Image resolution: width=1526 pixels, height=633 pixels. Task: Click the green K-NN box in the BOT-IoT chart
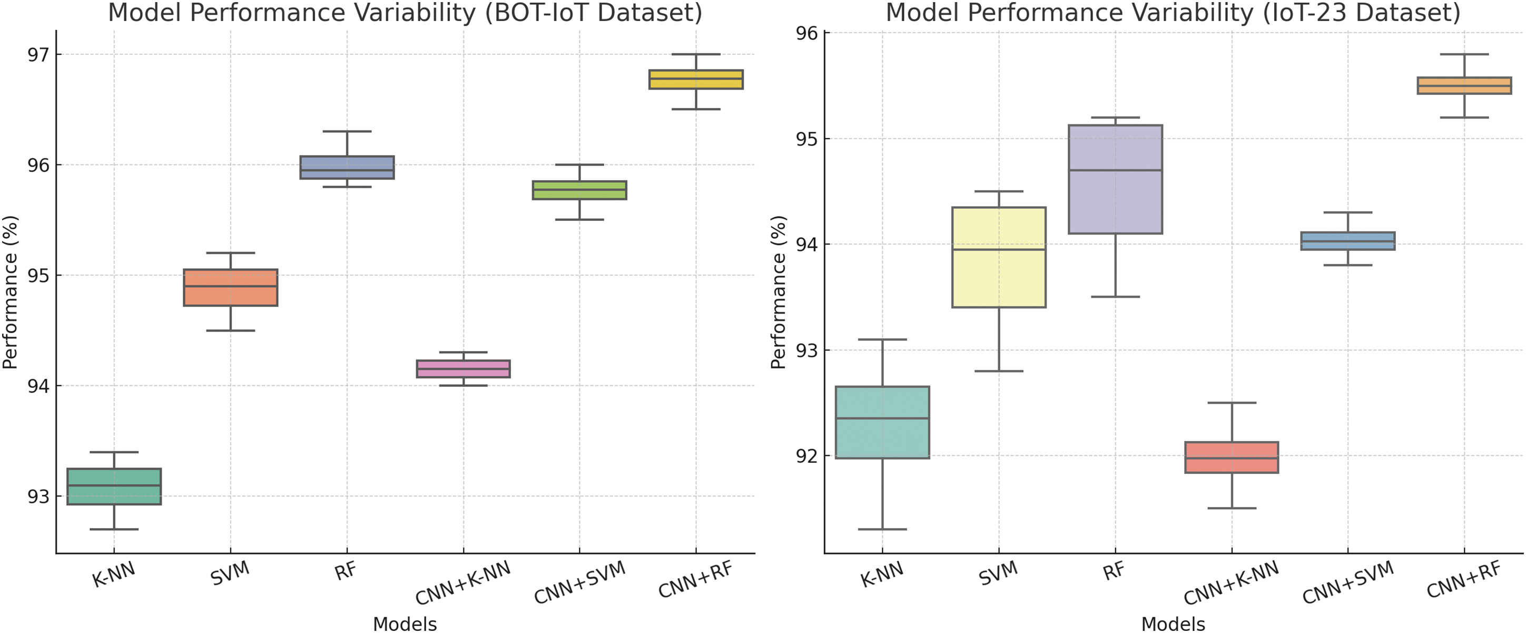coord(114,486)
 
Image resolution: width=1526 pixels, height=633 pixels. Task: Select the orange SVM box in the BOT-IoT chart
coord(230,287)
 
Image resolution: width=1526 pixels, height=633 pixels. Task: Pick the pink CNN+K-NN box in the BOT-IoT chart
coord(463,368)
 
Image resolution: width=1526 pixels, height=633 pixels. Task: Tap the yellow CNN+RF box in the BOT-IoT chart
coord(695,80)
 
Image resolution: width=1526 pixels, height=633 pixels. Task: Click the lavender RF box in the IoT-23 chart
coord(1115,179)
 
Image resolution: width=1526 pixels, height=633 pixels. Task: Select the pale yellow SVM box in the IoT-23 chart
coord(999,257)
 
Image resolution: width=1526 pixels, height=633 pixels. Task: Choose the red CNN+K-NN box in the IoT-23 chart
coord(1232,457)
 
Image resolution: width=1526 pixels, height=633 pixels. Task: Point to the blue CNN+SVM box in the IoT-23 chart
coord(1347,241)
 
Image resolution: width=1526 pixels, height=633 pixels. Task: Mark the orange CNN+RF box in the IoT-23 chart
coord(1464,85)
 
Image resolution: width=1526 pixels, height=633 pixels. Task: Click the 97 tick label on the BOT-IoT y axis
coord(38,54)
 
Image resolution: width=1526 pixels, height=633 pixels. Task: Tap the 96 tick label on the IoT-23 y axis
coord(806,33)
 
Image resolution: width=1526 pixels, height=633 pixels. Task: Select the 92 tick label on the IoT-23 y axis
coord(806,456)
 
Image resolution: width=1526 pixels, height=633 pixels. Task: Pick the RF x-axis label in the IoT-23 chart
coord(1113,571)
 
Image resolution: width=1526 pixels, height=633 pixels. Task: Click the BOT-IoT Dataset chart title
coord(405,13)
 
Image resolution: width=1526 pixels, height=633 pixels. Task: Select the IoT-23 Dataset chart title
coord(1173,13)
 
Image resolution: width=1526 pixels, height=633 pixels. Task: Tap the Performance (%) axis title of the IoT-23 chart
coord(778,291)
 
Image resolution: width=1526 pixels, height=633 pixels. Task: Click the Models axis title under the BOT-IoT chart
coord(405,624)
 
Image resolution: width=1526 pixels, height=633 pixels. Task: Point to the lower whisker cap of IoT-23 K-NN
coord(882,529)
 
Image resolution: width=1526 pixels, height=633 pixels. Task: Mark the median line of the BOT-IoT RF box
coord(347,170)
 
